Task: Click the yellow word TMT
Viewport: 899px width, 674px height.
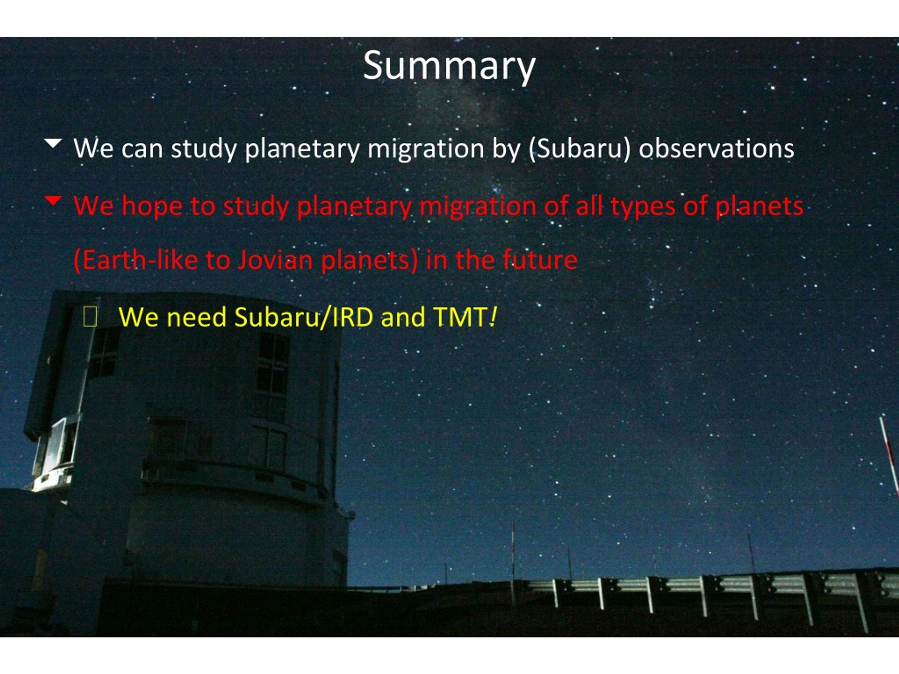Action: pos(460,317)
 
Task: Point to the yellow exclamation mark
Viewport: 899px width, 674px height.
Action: pos(493,317)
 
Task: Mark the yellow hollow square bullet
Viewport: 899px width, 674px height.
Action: pos(90,317)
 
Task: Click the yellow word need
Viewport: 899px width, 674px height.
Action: pos(197,317)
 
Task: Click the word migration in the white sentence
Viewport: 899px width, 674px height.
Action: pos(426,150)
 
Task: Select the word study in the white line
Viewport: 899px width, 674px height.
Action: pos(204,150)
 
